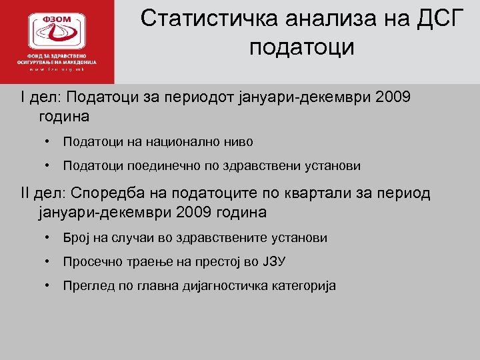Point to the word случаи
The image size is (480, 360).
click(130, 238)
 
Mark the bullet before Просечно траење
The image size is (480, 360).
click(49, 262)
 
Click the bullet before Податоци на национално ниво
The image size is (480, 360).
click(49, 142)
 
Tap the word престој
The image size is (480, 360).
click(222, 262)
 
